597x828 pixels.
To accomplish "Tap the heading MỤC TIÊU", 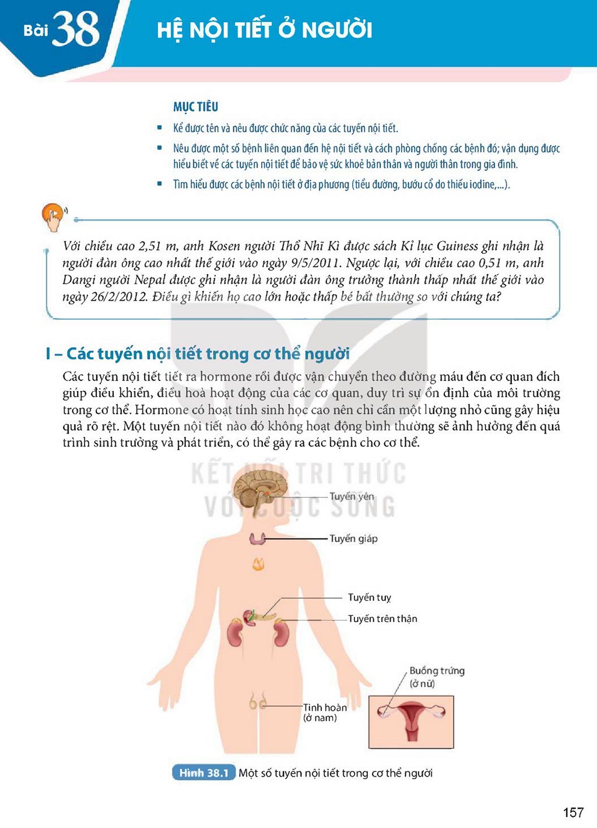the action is [x=196, y=107].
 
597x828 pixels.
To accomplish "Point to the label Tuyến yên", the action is [x=352, y=497].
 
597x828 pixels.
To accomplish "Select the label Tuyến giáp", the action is [x=353, y=539].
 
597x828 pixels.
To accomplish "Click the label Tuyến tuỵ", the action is [x=370, y=598].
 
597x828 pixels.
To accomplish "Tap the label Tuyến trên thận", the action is [x=382, y=619].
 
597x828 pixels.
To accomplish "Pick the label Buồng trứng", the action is [x=437, y=670].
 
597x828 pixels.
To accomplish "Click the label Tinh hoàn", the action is [x=325, y=707].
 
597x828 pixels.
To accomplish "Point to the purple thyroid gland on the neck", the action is [x=258, y=539].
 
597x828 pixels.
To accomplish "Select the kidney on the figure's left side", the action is [x=234, y=633].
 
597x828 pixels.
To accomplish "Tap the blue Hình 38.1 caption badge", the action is [x=203, y=773].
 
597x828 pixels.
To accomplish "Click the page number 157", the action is [x=573, y=812].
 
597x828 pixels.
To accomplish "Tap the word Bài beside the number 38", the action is [x=36, y=30].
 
